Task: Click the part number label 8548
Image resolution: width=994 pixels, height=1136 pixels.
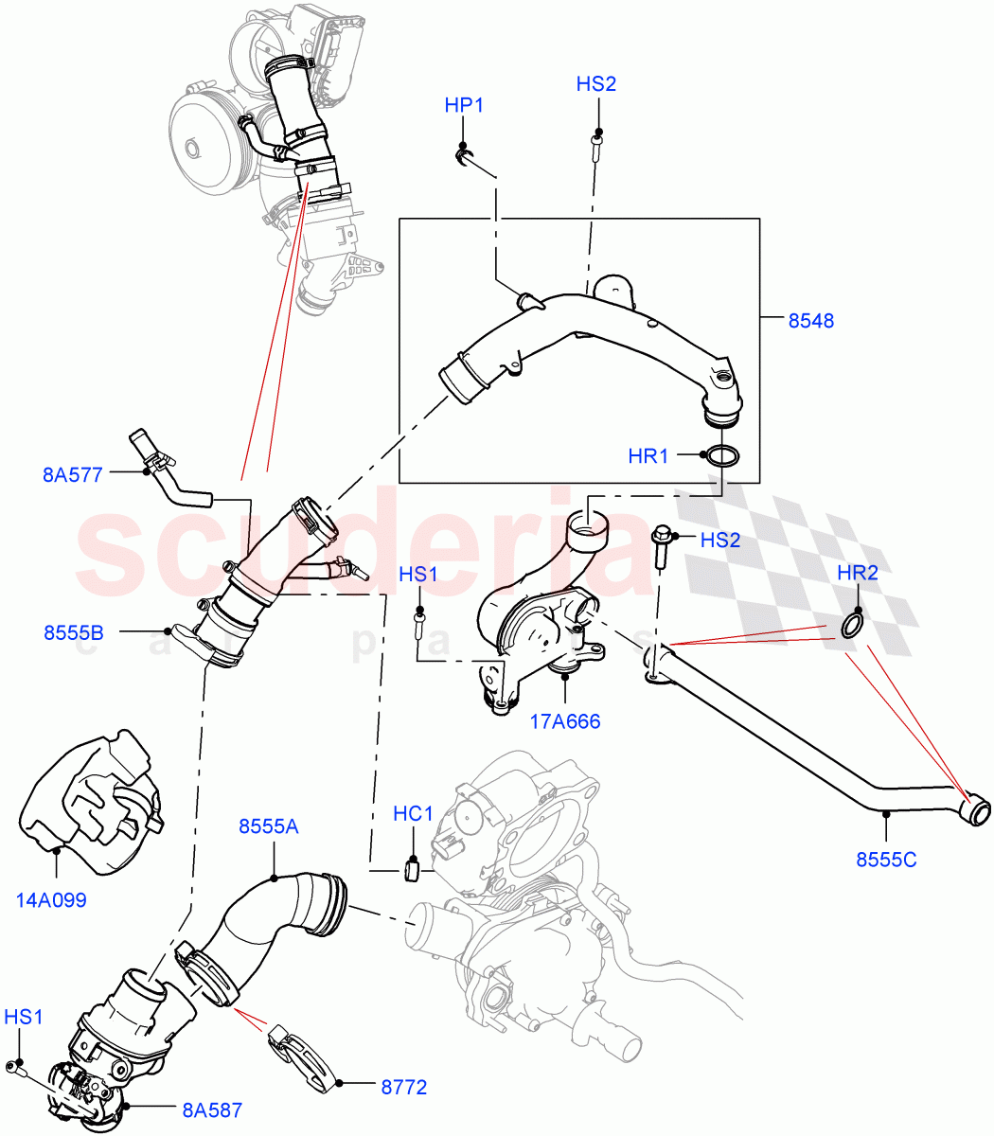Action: [810, 321]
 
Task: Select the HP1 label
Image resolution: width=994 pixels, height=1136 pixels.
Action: [464, 105]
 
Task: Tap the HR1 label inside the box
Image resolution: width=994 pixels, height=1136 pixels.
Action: [648, 456]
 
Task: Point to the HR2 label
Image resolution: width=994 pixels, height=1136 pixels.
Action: [858, 573]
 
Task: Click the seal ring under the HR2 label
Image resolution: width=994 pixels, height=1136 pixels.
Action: [852, 625]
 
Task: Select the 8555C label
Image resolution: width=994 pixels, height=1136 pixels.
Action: [886, 861]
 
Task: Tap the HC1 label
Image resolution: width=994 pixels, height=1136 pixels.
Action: [413, 814]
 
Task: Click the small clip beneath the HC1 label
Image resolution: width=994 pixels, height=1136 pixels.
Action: [412, 867]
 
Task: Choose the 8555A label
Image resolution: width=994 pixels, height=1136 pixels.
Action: [268, 826]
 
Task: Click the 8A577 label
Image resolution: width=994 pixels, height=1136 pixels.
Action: [72, 475]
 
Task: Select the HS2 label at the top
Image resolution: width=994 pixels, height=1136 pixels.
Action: [596, 84]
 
